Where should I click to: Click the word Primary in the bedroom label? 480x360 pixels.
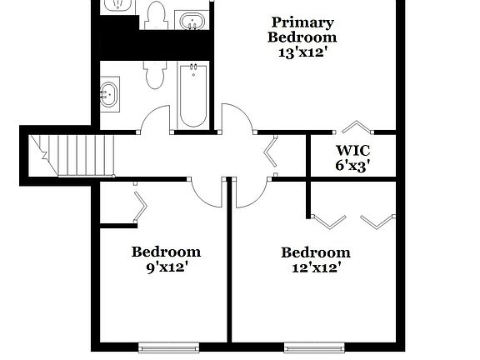[x=302, y=22]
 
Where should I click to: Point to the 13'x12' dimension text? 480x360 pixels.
[x=302, y=52]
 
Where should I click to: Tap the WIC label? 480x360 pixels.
[x=352, y=151]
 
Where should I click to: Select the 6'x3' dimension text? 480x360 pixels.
[x=352, y=165]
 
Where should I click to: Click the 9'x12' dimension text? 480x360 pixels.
[x=166, y=267]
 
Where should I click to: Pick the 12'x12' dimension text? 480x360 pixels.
[x=315, y=267]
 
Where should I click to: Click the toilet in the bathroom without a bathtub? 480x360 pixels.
[x=155, y=14]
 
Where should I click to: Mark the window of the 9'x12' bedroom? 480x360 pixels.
[x=168, y=346]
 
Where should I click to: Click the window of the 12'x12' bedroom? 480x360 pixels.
[x=315, y=346]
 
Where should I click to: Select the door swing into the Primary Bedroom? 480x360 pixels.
[x=237, y=117]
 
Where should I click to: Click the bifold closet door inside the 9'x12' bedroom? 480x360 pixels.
[x=139, y=207]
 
